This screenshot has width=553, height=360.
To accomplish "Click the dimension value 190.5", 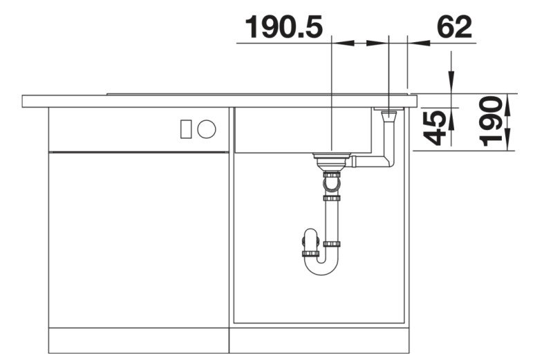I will click(x=283, y=27).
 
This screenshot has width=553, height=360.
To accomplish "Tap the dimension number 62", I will click(x=454, y=27).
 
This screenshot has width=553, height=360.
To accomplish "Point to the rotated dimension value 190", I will click(x=491, y=122).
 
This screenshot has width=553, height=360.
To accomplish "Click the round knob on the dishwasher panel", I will click(x=206, y=129).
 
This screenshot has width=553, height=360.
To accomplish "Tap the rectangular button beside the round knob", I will click(x=186, y=129).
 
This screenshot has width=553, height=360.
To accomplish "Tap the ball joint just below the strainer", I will click(x=331, y=183).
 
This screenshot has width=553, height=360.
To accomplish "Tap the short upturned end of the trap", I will click(x=308, y=245).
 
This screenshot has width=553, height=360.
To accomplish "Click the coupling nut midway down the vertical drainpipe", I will click(x=332, y=198).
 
